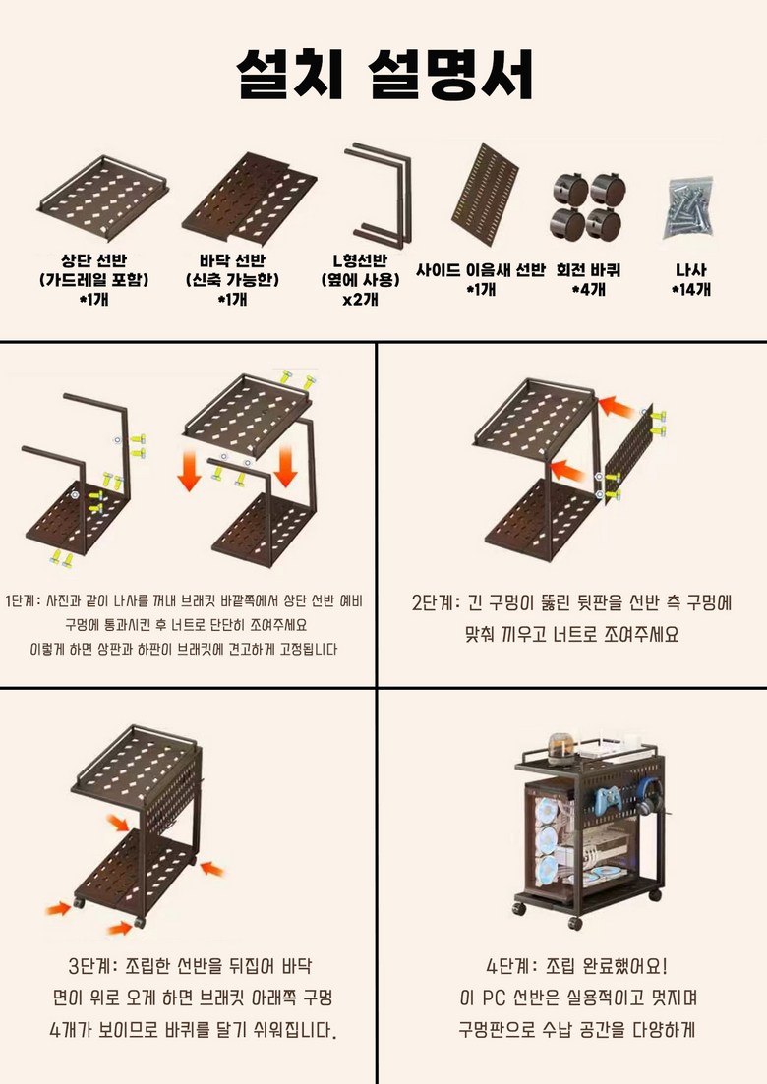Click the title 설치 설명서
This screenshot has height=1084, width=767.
click(384, 74)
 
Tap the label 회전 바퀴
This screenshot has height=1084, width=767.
click(588, 269)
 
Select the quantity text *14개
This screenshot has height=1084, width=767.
click(691, 289)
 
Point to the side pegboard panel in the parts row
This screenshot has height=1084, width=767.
click(485, 195)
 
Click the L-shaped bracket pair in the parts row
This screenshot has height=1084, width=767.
click(380, 195)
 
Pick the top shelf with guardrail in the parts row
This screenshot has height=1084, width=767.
click(104, 188)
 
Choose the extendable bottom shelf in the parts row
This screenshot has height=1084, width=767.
click(250, 197)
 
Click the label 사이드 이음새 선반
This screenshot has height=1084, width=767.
click(481, 270)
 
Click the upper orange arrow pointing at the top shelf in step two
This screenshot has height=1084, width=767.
click(617, 407)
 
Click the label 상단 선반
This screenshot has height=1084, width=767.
click(93, 260)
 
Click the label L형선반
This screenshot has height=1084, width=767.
click(360, 260)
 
